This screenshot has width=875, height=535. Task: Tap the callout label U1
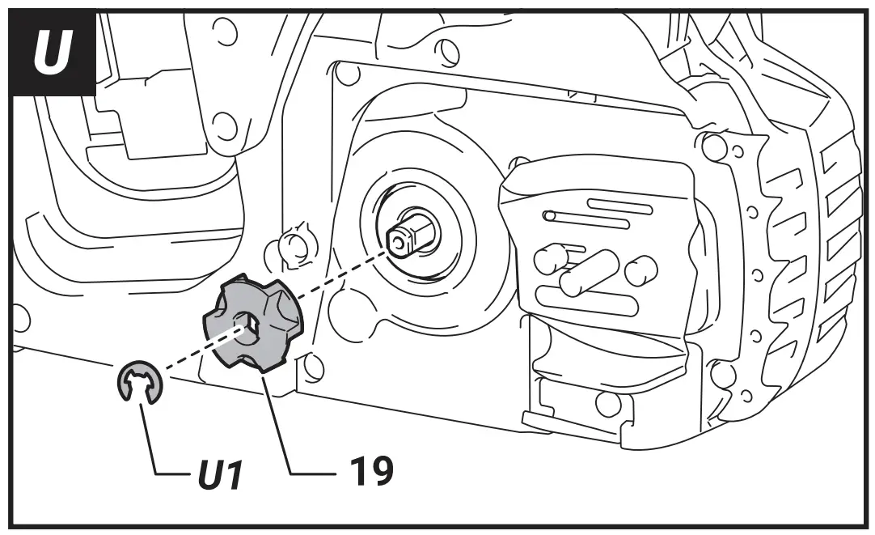pyautogui.click(x=219, y=474)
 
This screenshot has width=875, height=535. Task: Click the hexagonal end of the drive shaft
pyautogui.click(x=399, y=239)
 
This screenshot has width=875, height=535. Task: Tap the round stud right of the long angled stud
pyautogui.click(x=641, y=270)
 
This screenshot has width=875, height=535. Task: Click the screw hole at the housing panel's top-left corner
pyautogui.click(x=347, y=74)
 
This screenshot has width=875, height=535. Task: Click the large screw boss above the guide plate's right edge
pyautogui.click(x=713, y=146)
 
